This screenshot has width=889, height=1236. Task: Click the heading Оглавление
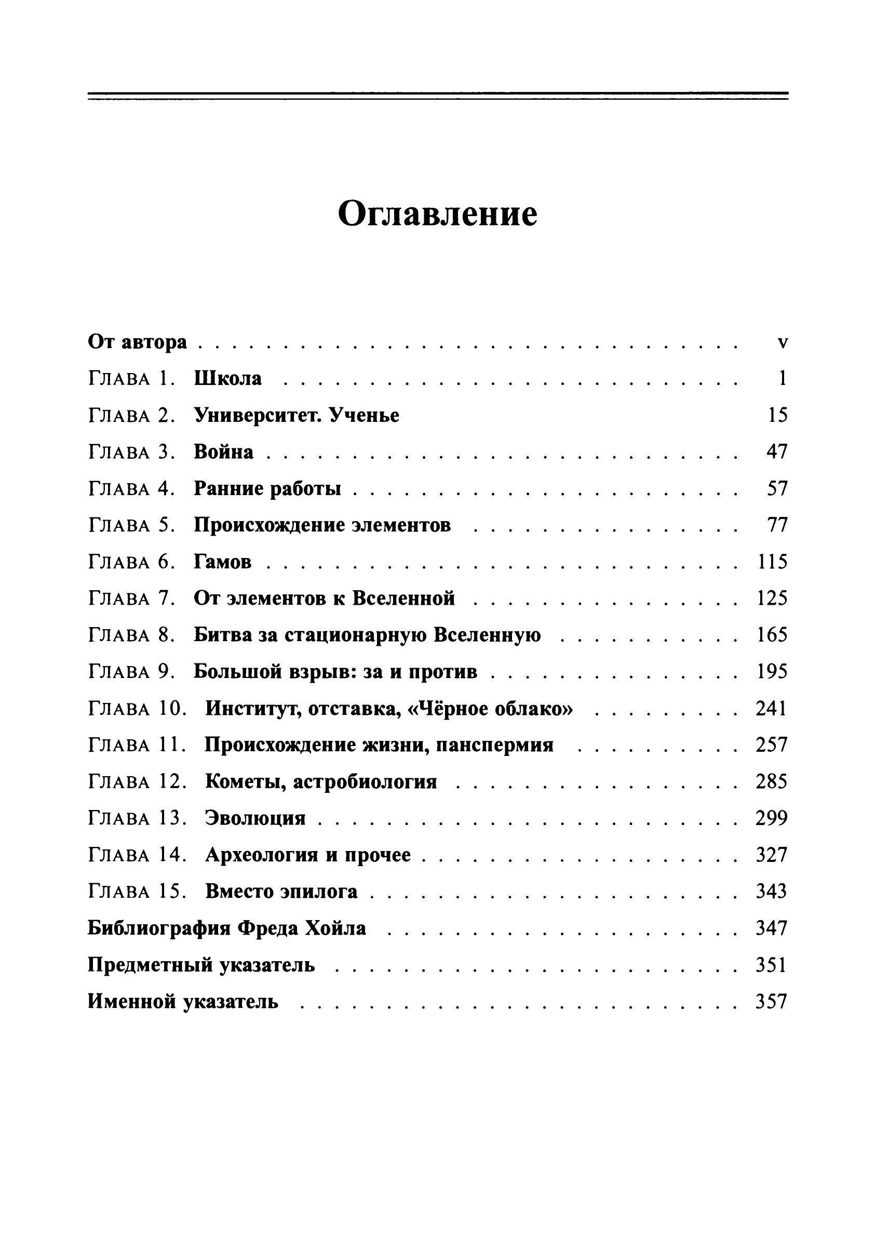(x=437, y=214)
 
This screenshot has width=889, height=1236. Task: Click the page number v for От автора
(x=783, y=343)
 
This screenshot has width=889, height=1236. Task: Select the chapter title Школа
(x=227, y=379)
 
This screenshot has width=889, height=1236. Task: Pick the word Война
(x=223, y=453)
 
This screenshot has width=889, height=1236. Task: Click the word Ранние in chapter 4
(x=226, y=489)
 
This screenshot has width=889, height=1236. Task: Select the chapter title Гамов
(x=223, y=562)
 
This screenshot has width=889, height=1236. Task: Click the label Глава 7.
(x=131, y=599)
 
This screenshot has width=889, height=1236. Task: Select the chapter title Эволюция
(x=255, y=819)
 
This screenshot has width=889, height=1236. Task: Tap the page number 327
(x=772, y=855)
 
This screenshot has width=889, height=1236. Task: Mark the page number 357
(x=772, y=1002)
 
